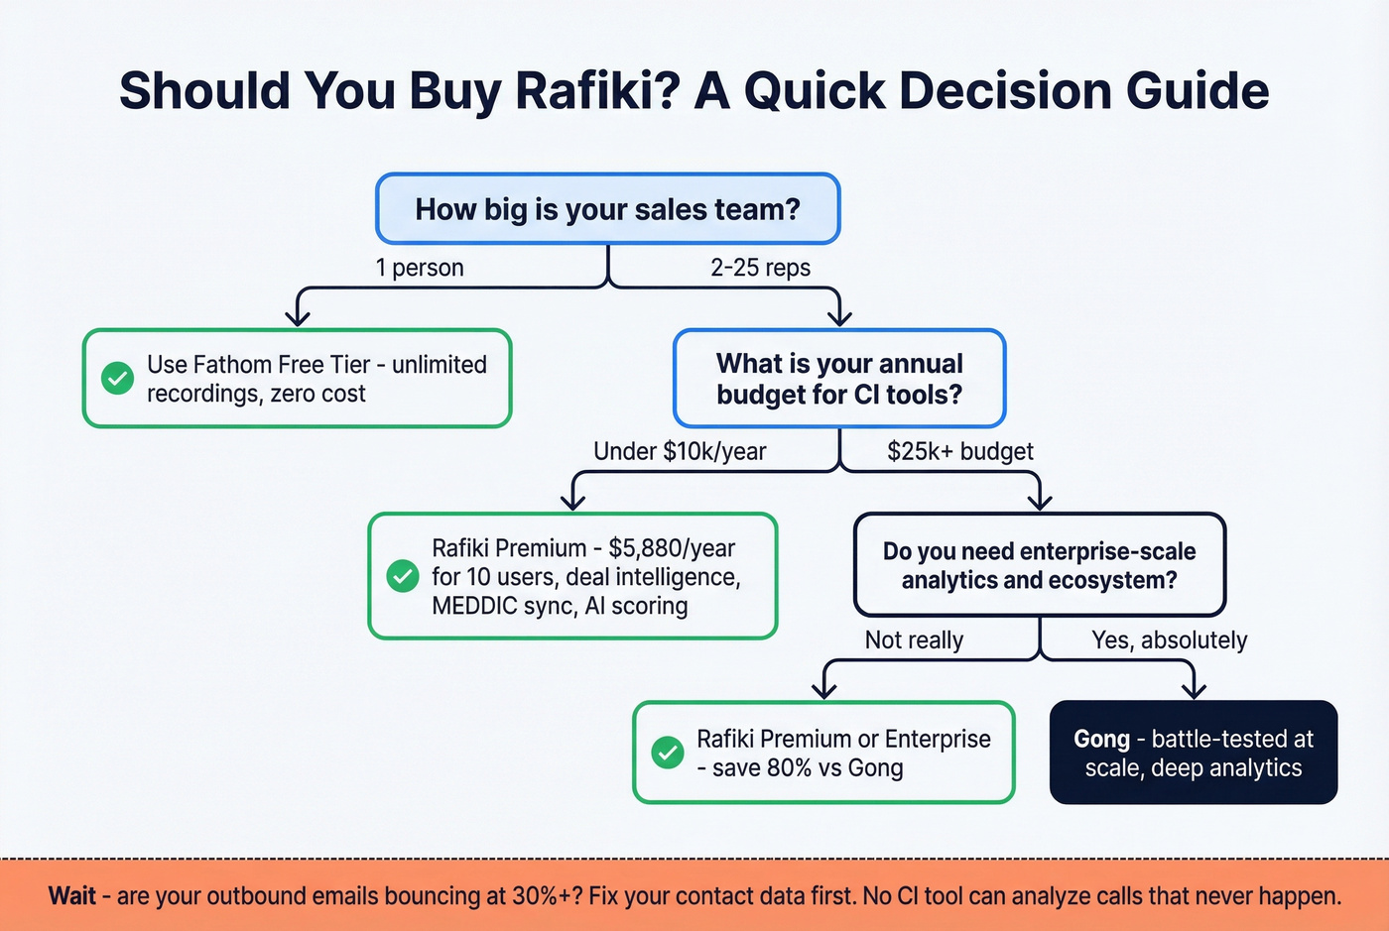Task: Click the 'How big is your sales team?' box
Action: point(607,209)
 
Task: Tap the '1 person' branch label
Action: point(419,268)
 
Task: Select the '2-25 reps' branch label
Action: point(760,268)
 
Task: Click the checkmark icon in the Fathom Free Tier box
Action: point(118,378)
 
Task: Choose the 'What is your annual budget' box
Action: point(839,379)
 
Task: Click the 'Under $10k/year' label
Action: point(680,452)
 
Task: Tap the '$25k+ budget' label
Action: point(959,452)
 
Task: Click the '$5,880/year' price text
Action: point(672,548)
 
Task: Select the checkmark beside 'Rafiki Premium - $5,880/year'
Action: point(403,576)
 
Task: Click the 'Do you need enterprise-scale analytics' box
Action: point(1039,565)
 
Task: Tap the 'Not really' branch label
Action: point(914,640)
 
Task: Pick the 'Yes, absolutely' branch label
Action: point(1169,640)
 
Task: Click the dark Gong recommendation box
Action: point(1193,753)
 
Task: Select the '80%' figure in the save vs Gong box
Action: point(790,768)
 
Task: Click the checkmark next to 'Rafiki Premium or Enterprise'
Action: point(668,753)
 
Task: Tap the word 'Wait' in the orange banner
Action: point(72,896)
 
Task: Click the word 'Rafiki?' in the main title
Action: point(597,90)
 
